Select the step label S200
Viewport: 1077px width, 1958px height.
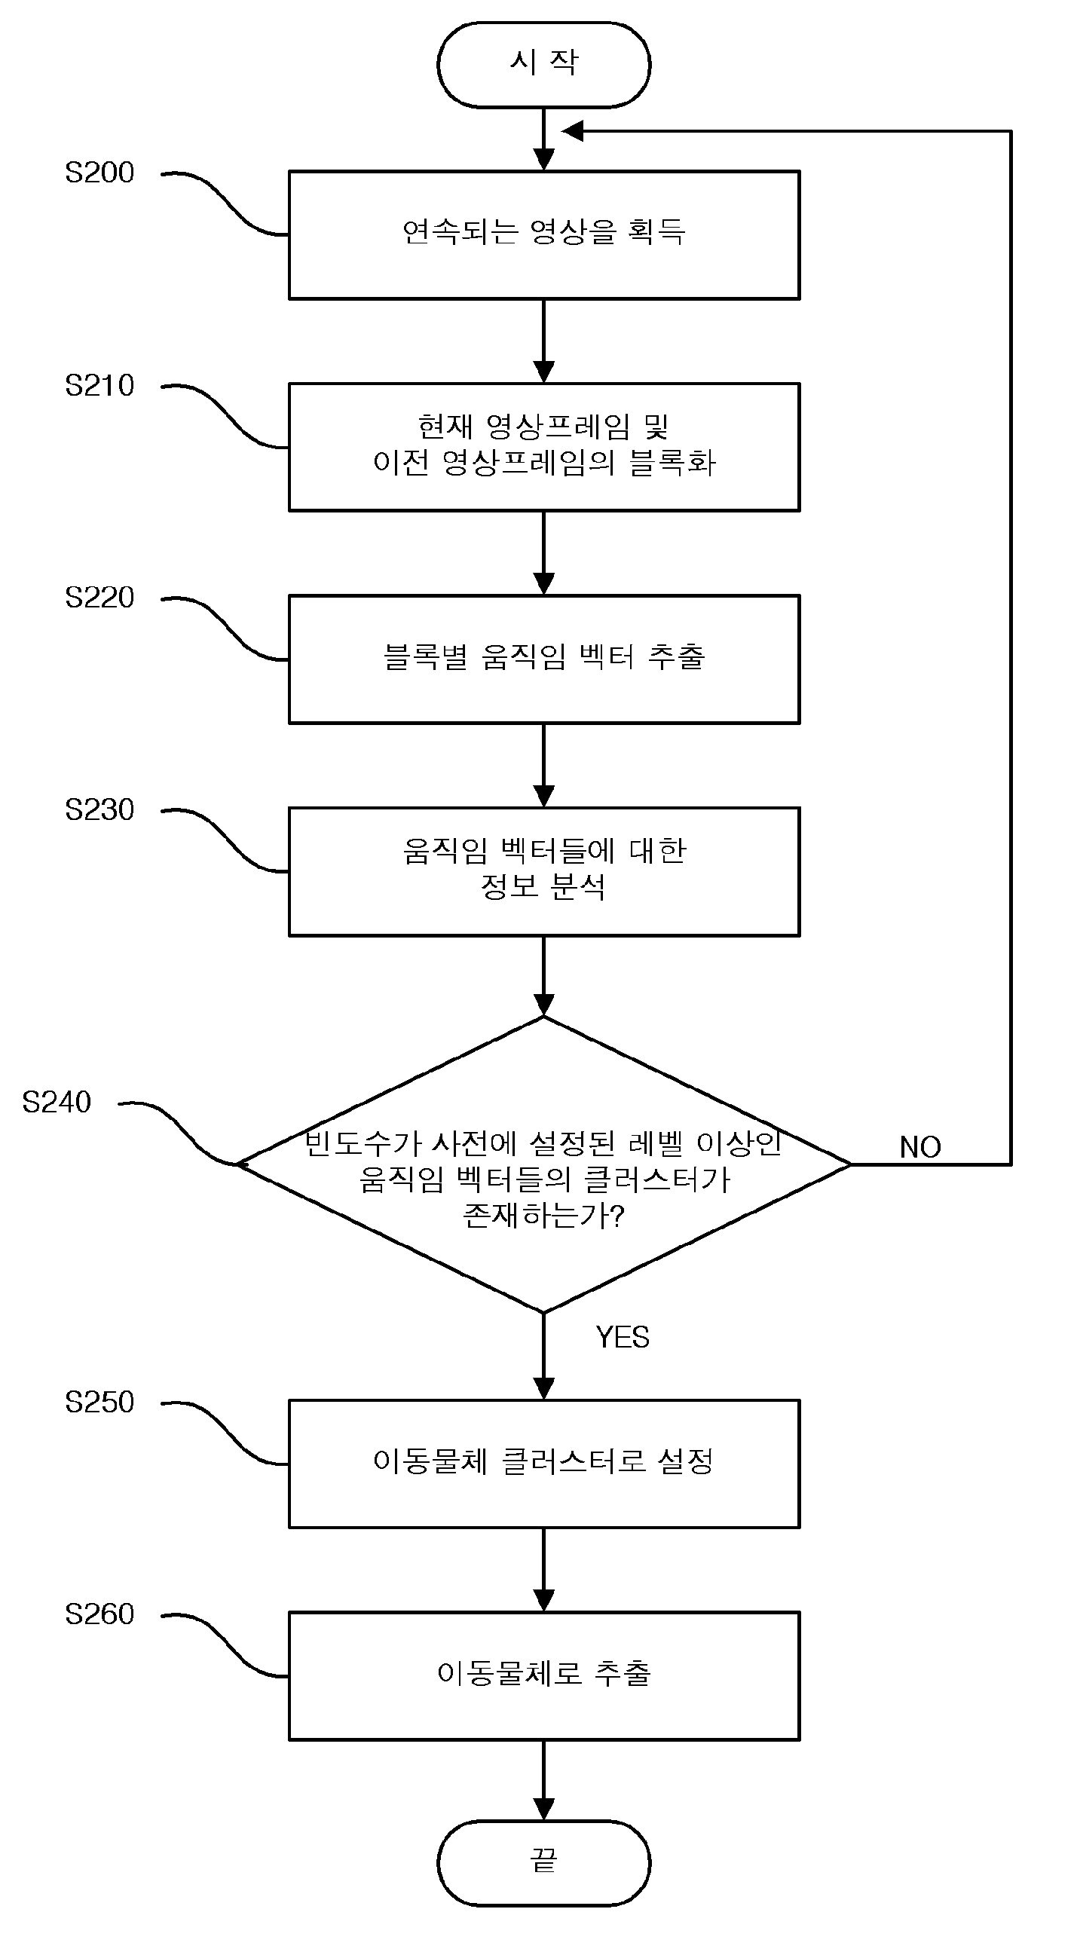(99, 173)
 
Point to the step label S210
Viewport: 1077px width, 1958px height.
(99, 386)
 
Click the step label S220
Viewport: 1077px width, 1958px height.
(99, 598)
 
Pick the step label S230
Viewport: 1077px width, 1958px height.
(99, 810)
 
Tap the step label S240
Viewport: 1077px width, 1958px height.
(57, 1102)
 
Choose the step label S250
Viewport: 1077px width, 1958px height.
(99, 1403)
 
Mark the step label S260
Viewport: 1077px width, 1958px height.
(99, 1614)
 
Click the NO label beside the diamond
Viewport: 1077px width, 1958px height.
(920, 1148)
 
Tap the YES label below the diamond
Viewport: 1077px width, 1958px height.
(623, 1338)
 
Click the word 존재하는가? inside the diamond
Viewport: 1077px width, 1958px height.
(543, 1216)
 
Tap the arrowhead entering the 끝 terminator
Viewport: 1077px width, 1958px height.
(543, 1809)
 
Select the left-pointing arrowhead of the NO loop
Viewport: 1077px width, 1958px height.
(571, 131)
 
